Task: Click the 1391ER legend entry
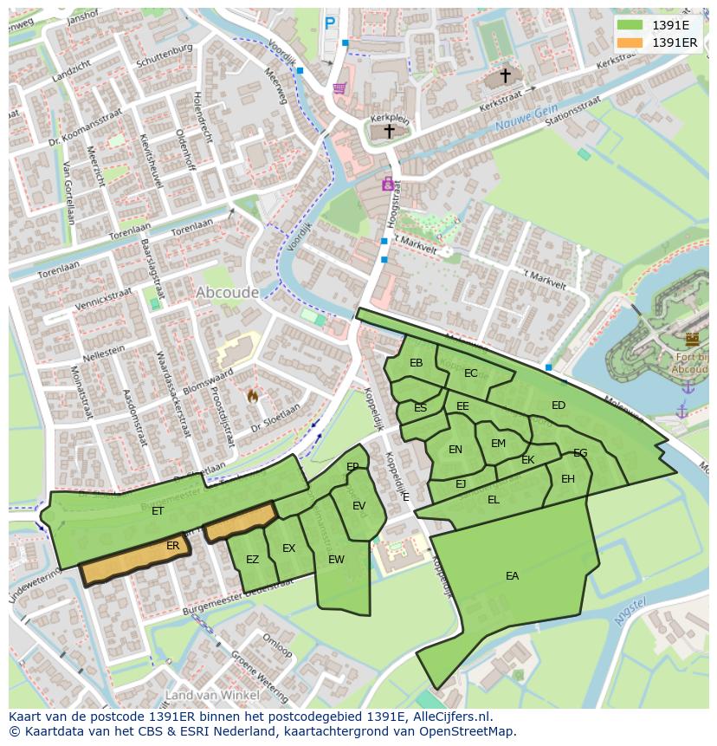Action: [x=674, y=42]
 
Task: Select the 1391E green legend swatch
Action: [x=630, y=25]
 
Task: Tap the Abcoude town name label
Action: [x=227, y=293]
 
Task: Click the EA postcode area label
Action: [x=513, y=575]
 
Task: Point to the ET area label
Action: [x=158, y=511]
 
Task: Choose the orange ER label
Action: [x=173, y=546]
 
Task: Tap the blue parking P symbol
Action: [x=330, y=24]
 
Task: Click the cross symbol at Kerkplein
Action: [x=390, y=132]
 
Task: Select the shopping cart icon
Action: [x=339, y=88]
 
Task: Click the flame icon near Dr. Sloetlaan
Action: [x=253, y=395]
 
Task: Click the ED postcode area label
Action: [x=559, y=405]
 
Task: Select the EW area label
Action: [x=336, y=560]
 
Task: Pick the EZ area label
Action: [x=252, y=560]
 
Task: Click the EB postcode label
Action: [x=417, y=363]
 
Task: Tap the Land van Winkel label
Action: [x=211, y=695]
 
